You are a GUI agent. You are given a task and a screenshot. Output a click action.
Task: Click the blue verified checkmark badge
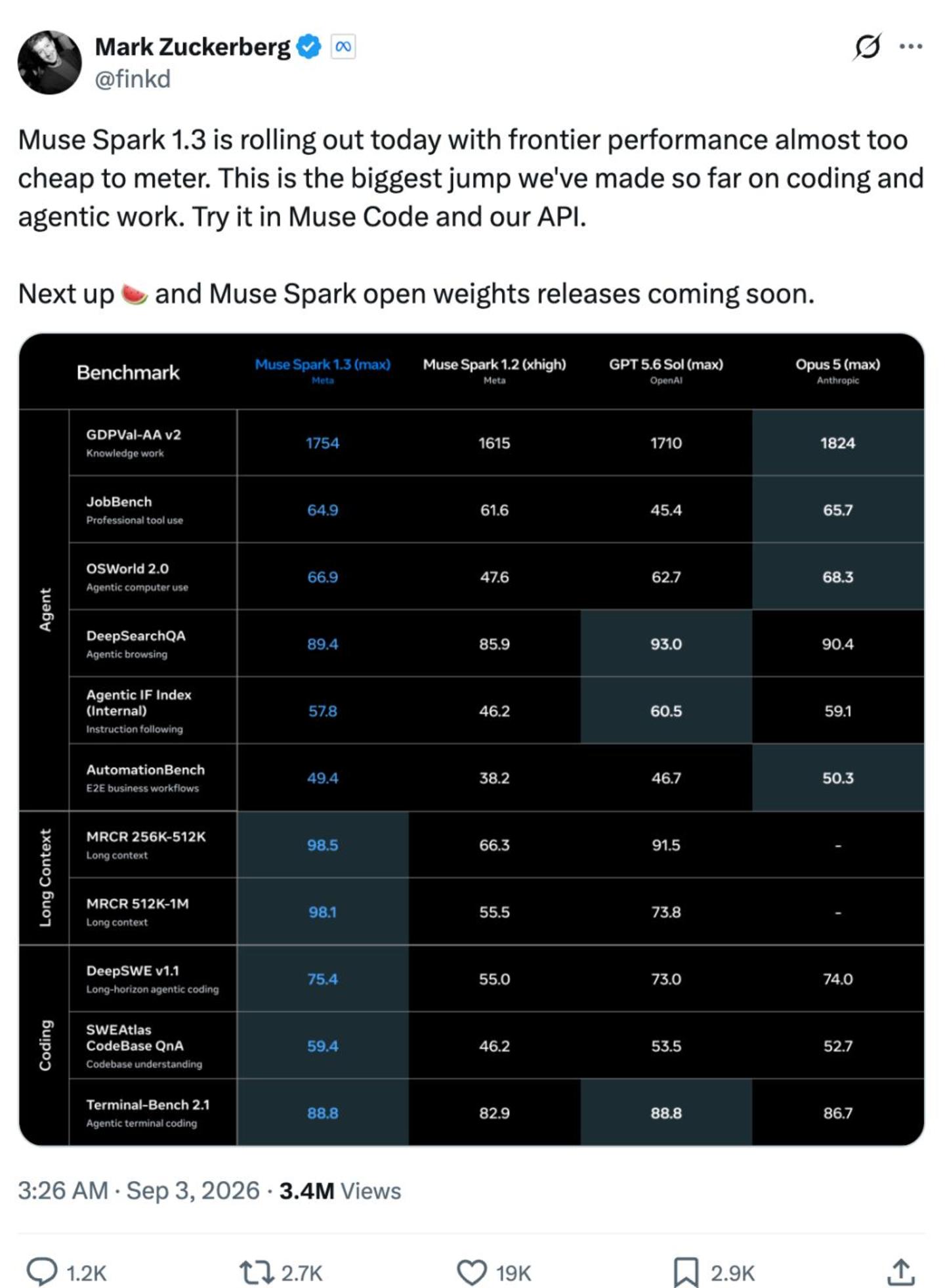pos(308,47)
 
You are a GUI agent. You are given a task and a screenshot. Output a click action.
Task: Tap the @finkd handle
pos(133,79)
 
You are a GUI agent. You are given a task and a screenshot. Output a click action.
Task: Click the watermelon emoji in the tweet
pos(135,294)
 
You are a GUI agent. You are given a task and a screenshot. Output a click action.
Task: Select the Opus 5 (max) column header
pos(837,370)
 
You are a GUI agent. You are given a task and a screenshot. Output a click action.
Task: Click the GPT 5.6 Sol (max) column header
pos(665,370)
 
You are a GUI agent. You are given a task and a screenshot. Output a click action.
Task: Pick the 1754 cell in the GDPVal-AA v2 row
pos(322,443)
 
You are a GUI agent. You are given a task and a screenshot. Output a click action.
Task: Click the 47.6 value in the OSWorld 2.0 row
pos(494,577)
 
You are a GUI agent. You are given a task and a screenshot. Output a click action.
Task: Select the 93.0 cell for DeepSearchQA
pos(665,644)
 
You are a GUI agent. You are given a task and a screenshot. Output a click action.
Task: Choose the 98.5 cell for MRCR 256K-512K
pos(322,845)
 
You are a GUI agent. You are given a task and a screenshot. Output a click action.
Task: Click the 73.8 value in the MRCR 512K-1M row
pos(665,912)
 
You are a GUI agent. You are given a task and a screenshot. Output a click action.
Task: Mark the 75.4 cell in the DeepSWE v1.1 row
pos(322,979)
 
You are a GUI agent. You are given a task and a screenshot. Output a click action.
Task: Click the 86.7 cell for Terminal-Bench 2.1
pos(837,1113)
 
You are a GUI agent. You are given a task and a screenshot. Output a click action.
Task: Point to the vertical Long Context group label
pos(45,878)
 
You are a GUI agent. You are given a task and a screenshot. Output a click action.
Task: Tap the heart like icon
pos(471,1272)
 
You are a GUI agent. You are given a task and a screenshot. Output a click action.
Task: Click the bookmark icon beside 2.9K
pos(686,1272)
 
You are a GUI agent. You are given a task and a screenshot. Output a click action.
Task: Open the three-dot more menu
pos(910,47)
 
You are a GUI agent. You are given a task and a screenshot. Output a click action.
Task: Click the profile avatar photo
pos(50,62)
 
